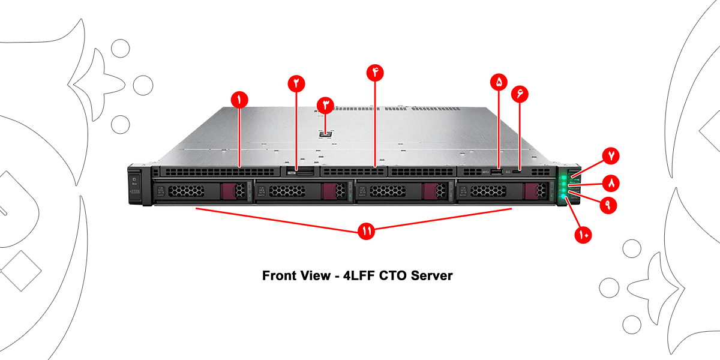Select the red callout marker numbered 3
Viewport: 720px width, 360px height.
[x=326, y=106]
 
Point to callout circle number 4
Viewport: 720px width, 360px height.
[x=375, y=73]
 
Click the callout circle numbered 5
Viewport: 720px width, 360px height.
[x=499, y=82]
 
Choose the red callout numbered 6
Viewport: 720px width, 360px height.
[x=520, y=94]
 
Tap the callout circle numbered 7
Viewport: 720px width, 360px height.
[x=611, y=155]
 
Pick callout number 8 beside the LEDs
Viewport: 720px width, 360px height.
[x=611, y=181]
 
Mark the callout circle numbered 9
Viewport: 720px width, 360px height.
[x=607, y=205]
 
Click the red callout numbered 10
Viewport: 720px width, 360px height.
[x=583, y=234]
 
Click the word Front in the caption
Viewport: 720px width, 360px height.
[x=280, y=276]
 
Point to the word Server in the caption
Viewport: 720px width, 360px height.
[x=431, y=276]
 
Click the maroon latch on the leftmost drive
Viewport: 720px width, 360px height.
[x=229, y=191]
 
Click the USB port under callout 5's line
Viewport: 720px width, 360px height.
[x=497, y=173]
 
